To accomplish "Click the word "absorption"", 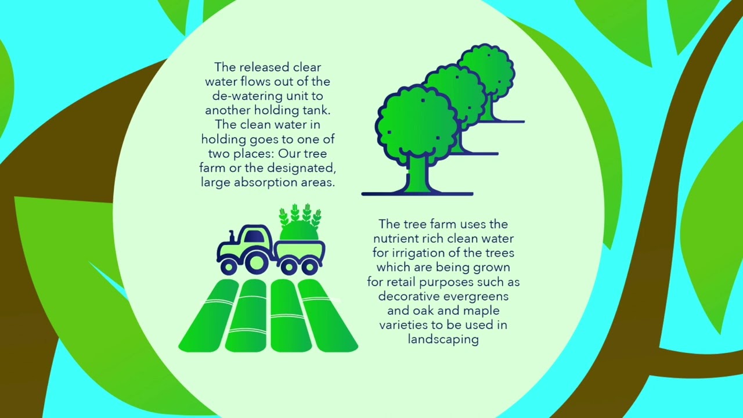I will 262,182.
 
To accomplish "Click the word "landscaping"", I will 443,339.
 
